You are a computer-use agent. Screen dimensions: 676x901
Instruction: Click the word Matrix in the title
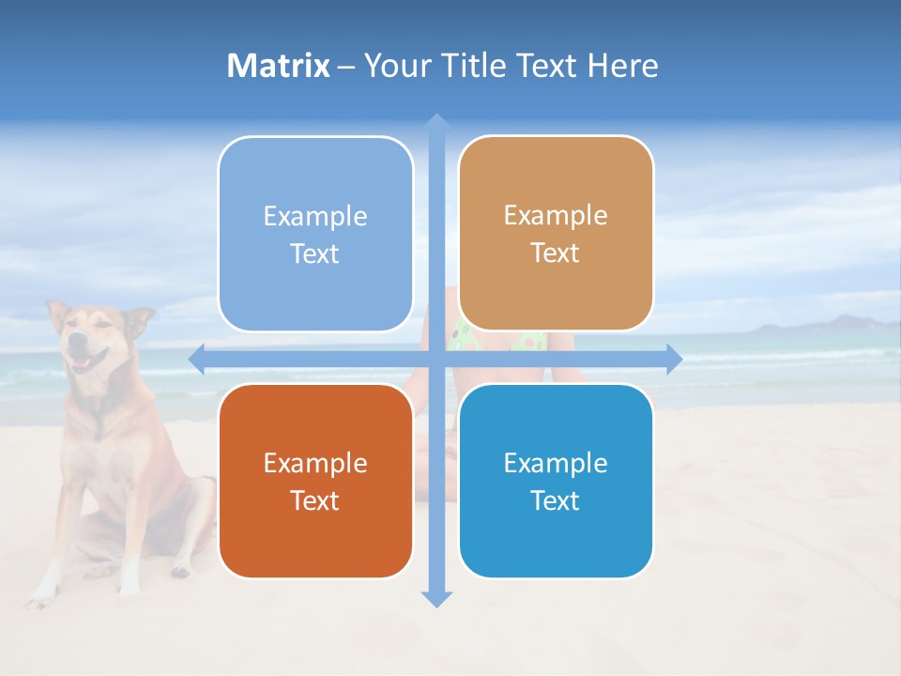click(279, 66)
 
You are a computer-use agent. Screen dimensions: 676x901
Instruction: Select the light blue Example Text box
click(315, 235)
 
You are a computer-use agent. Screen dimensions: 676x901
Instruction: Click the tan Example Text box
click(556, 234)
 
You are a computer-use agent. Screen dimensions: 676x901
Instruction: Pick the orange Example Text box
click(315, 481)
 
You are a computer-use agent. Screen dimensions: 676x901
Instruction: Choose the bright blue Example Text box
click(556, 481)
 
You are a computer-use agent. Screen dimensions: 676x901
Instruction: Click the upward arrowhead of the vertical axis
click(435, 122)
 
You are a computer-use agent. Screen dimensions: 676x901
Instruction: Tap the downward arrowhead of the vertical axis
click(435, 599)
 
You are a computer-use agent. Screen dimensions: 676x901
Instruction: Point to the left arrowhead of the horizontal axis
click(197, 359)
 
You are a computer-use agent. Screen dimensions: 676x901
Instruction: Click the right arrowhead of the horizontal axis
click(674, 359)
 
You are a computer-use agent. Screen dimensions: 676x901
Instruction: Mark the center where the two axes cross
click(435, 359)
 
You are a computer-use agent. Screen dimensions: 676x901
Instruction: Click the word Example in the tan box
click(556, 216)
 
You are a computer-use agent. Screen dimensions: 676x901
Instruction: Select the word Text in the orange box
click(315, 500)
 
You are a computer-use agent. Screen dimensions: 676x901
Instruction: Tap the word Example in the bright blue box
click(556, 463)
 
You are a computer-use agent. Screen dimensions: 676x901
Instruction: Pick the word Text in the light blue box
click(315, 254)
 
